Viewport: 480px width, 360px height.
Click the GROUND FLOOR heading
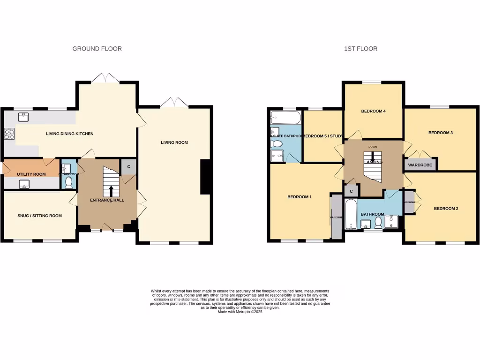coord(97,49)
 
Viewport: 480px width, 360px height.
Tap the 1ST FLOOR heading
coord(360,49)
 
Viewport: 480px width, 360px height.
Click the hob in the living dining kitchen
coord(9,134)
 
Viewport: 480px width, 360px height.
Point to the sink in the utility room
coord(24,185)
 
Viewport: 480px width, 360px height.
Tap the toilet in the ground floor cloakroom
coord(69,182)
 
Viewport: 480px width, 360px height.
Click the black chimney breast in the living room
coord(205,177)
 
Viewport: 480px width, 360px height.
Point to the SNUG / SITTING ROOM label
coord(39,216)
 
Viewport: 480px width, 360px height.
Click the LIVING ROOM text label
coord(174,142)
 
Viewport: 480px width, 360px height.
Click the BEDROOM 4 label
coord(373,111)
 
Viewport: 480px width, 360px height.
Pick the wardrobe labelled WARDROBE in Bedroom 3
coord(420,165)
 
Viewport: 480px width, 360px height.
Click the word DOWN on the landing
coord(373,147)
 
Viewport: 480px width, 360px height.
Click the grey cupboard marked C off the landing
coord(351,191)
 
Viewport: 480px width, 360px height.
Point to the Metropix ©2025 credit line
coord(240,312)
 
